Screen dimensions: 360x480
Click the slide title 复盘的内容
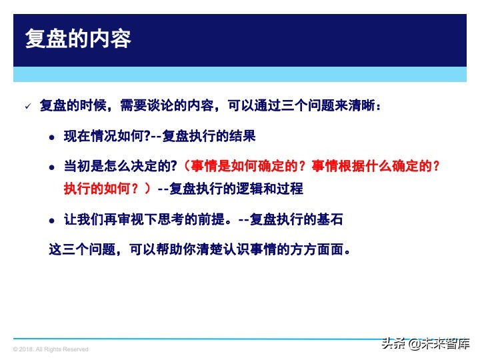[x=78, y=39]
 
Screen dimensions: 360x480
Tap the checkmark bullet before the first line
[x=28, y=107]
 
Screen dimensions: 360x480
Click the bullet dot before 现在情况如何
[x=51, y=137]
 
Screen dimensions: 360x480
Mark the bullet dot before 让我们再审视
[x=51, y=220]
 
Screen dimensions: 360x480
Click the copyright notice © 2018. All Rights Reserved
[x=51, y=349]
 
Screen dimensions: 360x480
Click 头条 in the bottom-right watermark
[x=393, y=344]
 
